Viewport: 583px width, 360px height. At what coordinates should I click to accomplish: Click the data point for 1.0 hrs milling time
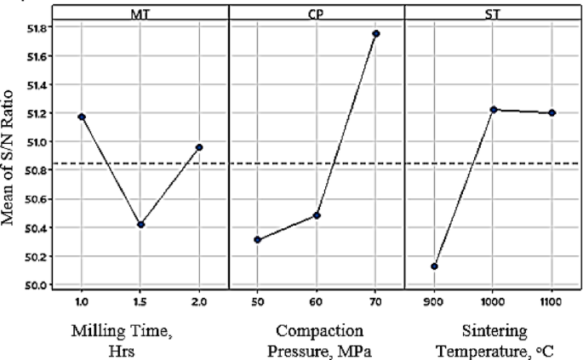tap(82, 117)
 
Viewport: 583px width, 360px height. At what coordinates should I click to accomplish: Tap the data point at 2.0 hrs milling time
tap(199, 147)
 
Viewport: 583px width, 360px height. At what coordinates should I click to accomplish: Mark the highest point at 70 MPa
tap(375, 34)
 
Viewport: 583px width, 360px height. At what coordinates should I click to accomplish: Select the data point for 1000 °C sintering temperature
tap(493, 110)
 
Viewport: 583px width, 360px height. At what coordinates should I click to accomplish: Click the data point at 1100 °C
tap(552, 112)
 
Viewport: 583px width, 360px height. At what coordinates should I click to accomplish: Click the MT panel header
tap(140, 12)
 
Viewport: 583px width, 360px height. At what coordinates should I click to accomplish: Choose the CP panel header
tap(317, 12)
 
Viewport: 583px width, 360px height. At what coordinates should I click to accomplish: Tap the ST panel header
tap(493, 12)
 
